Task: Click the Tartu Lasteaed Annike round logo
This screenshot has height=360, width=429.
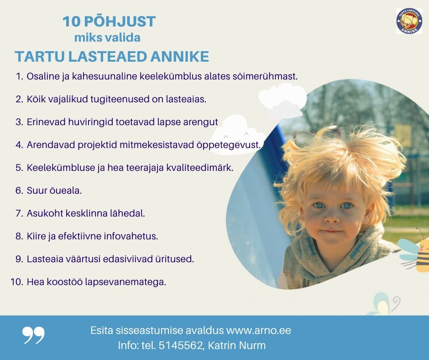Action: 409,21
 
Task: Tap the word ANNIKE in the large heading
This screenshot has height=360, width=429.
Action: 179,57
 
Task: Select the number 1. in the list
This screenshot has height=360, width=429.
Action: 19,76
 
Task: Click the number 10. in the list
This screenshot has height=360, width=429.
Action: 17,282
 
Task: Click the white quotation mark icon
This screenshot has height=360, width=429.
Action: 33,335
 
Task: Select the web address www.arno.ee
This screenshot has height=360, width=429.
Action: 258,330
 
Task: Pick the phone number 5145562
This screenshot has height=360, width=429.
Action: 180,345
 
